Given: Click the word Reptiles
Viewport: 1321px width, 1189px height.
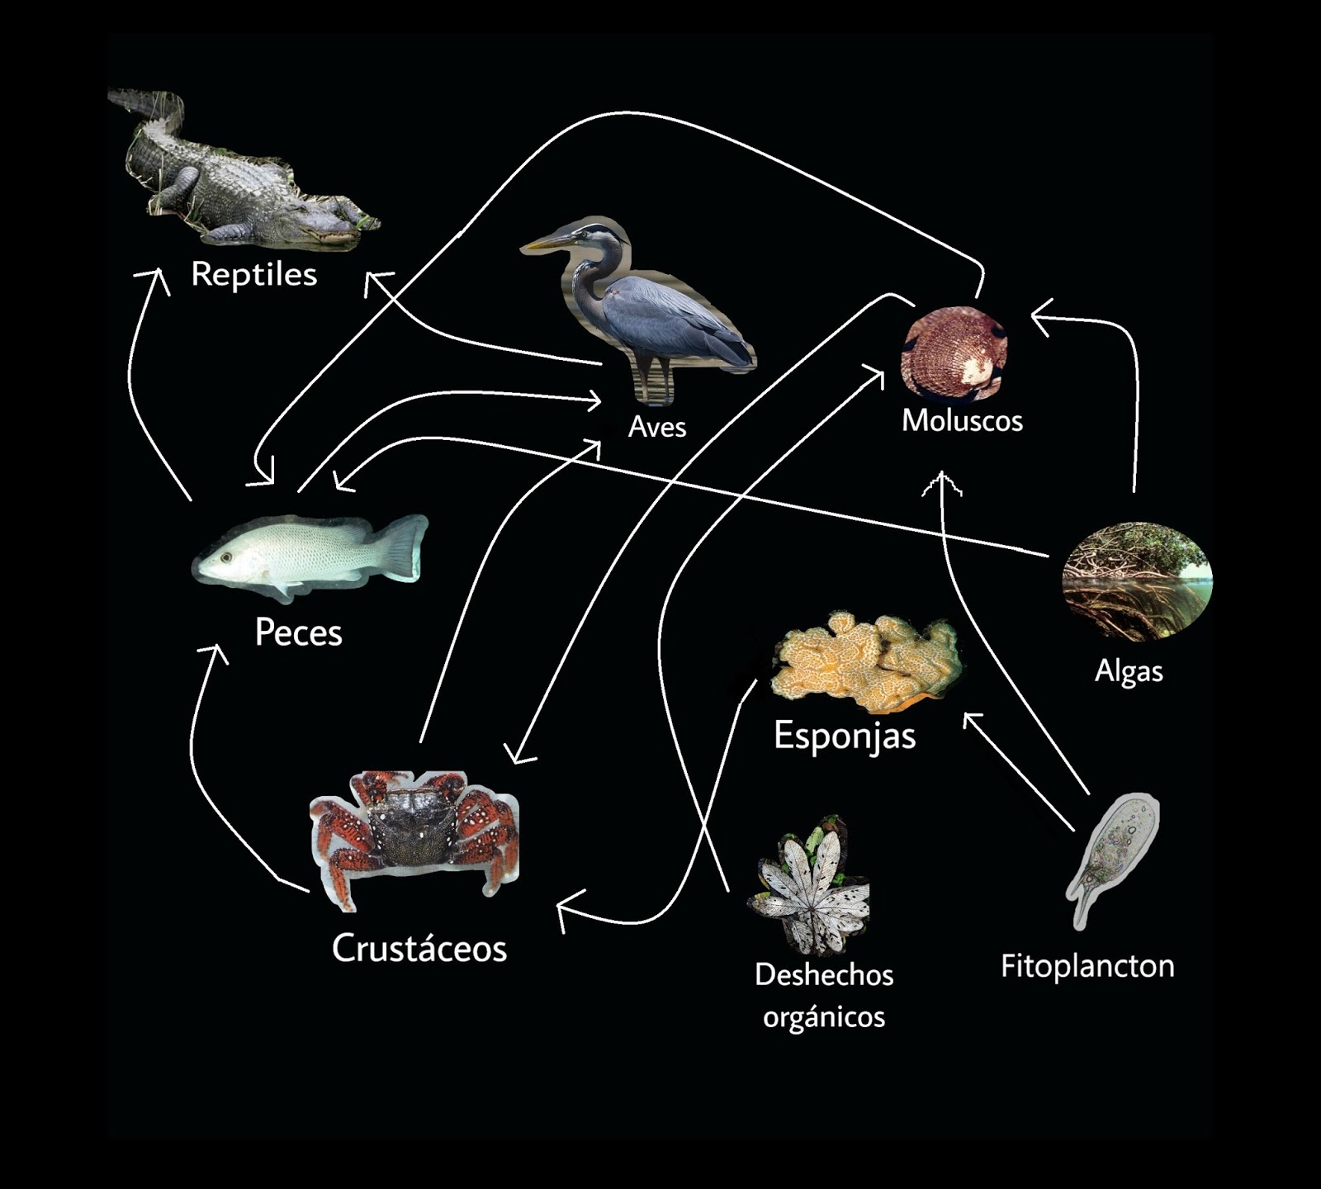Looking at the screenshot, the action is (253, 274).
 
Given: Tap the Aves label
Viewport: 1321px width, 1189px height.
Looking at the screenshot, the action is (657, 427).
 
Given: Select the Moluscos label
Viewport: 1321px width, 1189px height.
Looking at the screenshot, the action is (962, 420).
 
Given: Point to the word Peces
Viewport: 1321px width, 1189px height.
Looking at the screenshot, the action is (298, 632).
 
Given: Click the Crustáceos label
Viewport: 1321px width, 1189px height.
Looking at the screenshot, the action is (419, 948).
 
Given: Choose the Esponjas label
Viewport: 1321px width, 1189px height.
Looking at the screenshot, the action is (845, 735).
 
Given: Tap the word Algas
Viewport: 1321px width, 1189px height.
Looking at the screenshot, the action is (1129, 671).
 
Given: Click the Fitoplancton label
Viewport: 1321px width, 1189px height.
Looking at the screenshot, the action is (1087, 966).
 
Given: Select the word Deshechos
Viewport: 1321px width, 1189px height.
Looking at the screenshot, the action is (824, 975).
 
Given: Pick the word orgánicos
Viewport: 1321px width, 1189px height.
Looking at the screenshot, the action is (824, 1016).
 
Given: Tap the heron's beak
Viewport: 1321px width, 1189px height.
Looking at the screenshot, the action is (546, 243).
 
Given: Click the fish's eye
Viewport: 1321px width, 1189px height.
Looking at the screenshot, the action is (225, 557).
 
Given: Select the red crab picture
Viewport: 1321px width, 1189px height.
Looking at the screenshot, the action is (414, 834).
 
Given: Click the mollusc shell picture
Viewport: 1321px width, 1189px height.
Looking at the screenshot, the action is (954, 353).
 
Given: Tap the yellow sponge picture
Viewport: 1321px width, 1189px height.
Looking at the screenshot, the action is (867, 661).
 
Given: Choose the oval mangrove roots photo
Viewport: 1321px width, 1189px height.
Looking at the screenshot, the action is (1137, 581).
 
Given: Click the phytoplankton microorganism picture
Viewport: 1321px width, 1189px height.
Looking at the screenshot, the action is (1115, 855).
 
